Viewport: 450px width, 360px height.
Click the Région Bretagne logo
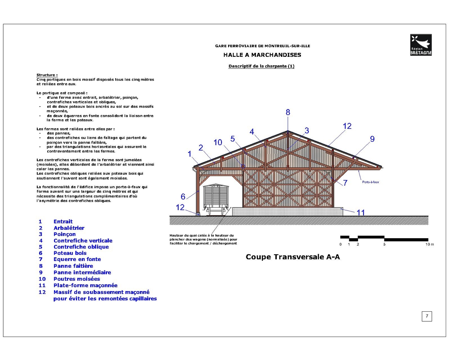click(x=421, y=45)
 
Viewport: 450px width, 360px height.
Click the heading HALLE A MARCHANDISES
click(x=262, y=55)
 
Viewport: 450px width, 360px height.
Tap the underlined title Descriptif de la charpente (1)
click(x=261, y=66)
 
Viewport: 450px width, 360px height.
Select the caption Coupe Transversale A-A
click(x=293, y=257)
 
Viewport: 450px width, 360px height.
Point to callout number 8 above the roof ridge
click(x=288, y=112)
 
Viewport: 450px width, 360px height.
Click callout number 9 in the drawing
click(x=372, y=139)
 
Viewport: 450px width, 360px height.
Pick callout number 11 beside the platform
click(x=361, y=212)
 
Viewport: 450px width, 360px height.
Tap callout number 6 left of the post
click(x=183, y=196)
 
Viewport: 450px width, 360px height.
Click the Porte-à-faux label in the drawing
click(x=371, y=182)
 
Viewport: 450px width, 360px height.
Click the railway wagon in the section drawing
click(x=215, y=198)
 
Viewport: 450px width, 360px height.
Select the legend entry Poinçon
click(x=65, y=234)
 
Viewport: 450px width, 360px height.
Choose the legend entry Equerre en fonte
click(x=77, y=260)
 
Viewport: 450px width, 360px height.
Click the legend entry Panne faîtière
click(x=73, y=266)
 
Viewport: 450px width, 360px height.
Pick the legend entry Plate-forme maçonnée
click(x=85, y=285)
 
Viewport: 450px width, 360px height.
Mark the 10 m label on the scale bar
click(x=430, y=244)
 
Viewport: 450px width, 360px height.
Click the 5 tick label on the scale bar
click(x=384, y=244)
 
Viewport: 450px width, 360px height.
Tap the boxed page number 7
click(x=427, y=316)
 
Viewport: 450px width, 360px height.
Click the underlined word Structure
click(x=46, y=75)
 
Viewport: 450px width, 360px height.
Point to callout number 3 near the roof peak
click(x=307, y=131)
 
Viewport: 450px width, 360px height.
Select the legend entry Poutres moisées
click(x=77, y=279)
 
